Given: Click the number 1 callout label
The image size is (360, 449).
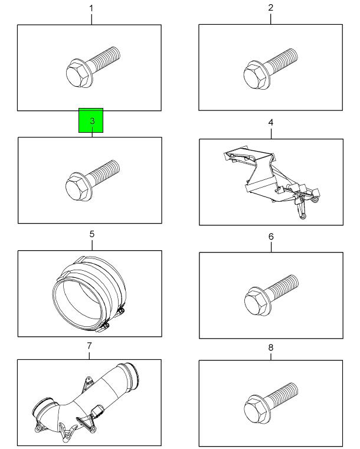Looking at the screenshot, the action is [x=91, y=9].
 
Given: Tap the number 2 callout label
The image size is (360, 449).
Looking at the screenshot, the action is [x=271, y=8].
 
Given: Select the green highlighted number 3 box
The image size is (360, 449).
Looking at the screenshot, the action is [x=91, y=120].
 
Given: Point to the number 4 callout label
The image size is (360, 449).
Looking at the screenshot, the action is [x=271, y=123].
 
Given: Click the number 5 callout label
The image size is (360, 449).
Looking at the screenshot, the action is [x=91, y=234].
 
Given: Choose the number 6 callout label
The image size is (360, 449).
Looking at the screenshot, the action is [x=271, y=237].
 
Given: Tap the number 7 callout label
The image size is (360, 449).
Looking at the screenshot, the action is [x=89, y=346].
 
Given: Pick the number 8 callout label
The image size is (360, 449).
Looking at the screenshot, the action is [x=271, y=348].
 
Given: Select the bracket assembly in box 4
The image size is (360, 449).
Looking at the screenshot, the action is [x=271, y=182].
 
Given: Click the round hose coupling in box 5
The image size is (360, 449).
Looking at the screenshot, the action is [x=89, y=294].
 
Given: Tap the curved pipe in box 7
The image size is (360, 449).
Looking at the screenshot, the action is [x=86, y=401].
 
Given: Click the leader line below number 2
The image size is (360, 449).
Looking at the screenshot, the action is [x=271, y=18].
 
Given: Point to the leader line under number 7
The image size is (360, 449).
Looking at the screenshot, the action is [x=89, y=355].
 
